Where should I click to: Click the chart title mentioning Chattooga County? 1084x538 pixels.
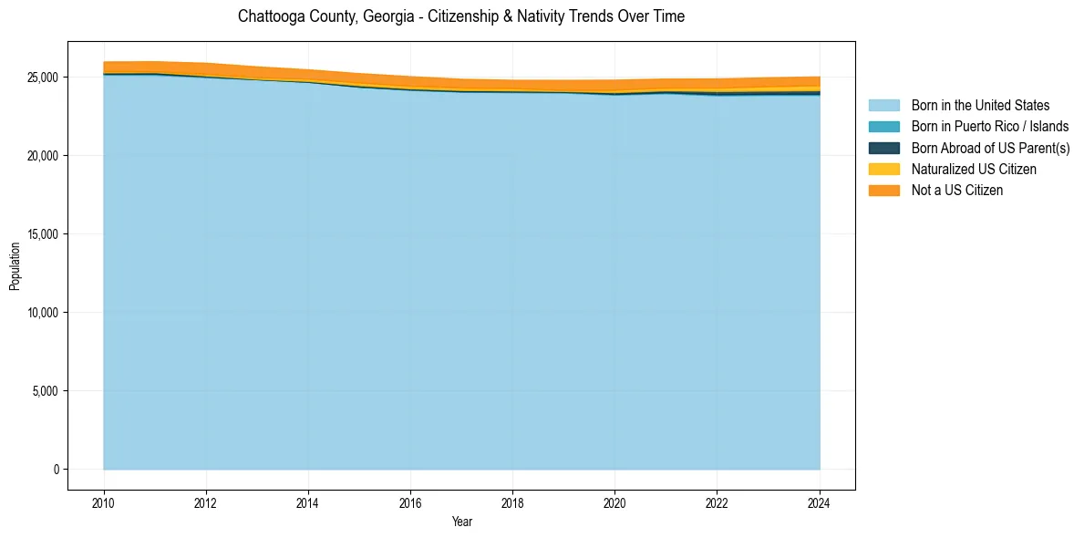[x=460, y=16]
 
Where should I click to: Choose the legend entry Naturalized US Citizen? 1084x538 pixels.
[x=974, y=170]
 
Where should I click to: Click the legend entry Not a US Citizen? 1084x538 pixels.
[x=956, y=191]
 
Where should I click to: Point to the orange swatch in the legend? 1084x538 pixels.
[x=883, y=191]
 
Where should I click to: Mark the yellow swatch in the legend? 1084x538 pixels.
[x=883, y=170]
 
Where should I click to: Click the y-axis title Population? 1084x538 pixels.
[x=15, y=266]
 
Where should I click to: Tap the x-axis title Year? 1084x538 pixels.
[x=462, y=522]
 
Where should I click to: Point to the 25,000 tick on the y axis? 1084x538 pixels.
[x=44, y=78]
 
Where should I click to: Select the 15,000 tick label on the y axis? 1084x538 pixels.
[x=44, y=234]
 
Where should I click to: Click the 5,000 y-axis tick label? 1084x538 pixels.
[x=46, y=391]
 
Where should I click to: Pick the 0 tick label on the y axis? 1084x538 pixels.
[x=56, y=470]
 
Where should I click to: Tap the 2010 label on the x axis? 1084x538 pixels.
[x=104, y=502]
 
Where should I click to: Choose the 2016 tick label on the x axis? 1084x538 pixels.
[x=410, y=502]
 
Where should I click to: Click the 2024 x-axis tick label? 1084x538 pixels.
[x=820, y=502]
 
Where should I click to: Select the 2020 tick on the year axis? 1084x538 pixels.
[x=615, y=502]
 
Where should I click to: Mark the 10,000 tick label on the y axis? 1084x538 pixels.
[x=44, y=313]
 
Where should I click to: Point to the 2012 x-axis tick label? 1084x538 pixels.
[x=206, y=502]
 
